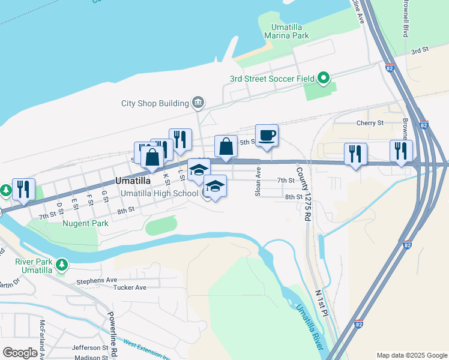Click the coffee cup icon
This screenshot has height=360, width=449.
(267, 135)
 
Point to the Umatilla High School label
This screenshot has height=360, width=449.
(159, 193)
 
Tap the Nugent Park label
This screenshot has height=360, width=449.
(86, 223)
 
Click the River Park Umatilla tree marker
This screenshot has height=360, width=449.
(61, 265)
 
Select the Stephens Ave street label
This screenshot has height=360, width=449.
(96, 280)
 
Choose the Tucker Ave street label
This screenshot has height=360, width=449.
(130, 287)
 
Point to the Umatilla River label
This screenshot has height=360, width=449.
(310, 328)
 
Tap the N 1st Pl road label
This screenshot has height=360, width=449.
(322, 302)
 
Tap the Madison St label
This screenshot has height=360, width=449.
(91, 357)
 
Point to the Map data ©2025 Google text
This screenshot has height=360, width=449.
(411, 355)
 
